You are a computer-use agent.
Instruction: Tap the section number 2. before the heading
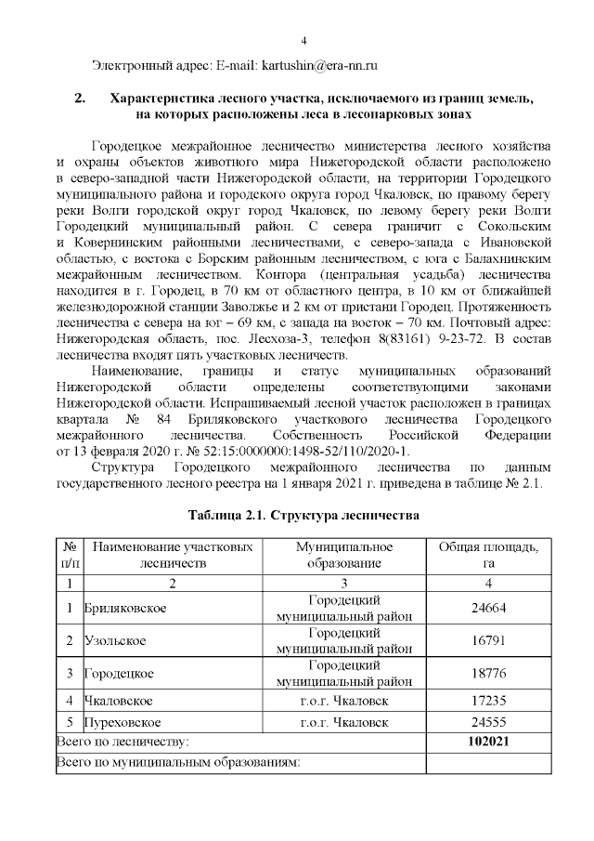(80, 98)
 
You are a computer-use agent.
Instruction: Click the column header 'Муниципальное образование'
(344, 555)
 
